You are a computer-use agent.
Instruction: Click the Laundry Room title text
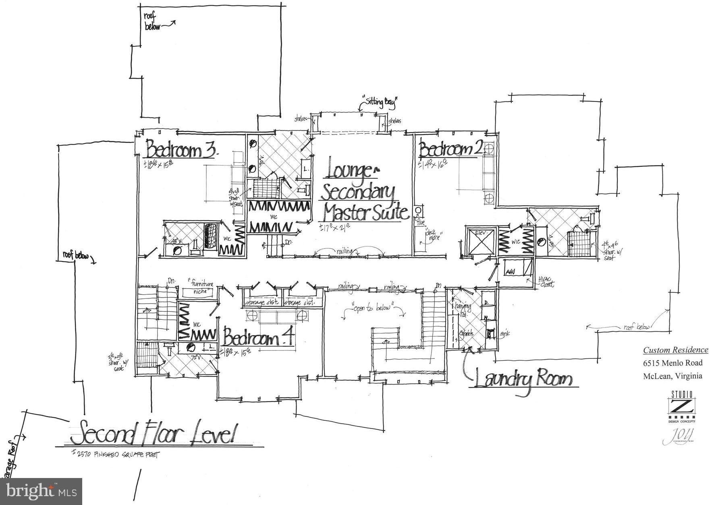[x=523, y=380]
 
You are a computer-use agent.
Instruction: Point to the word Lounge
[x=349, y=171]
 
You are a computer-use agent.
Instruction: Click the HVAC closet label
[x=546, y=281]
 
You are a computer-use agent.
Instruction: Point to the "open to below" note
[x=372, y=308]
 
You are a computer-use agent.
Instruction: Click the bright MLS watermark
[x=41, y=491]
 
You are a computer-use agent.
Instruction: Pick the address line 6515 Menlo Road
[x=673, y=363]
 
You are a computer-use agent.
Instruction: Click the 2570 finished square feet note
[x=114, y=455]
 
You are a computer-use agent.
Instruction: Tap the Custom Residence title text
[x=675, y=350]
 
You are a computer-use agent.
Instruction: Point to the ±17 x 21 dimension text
[x=334, y=228]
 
